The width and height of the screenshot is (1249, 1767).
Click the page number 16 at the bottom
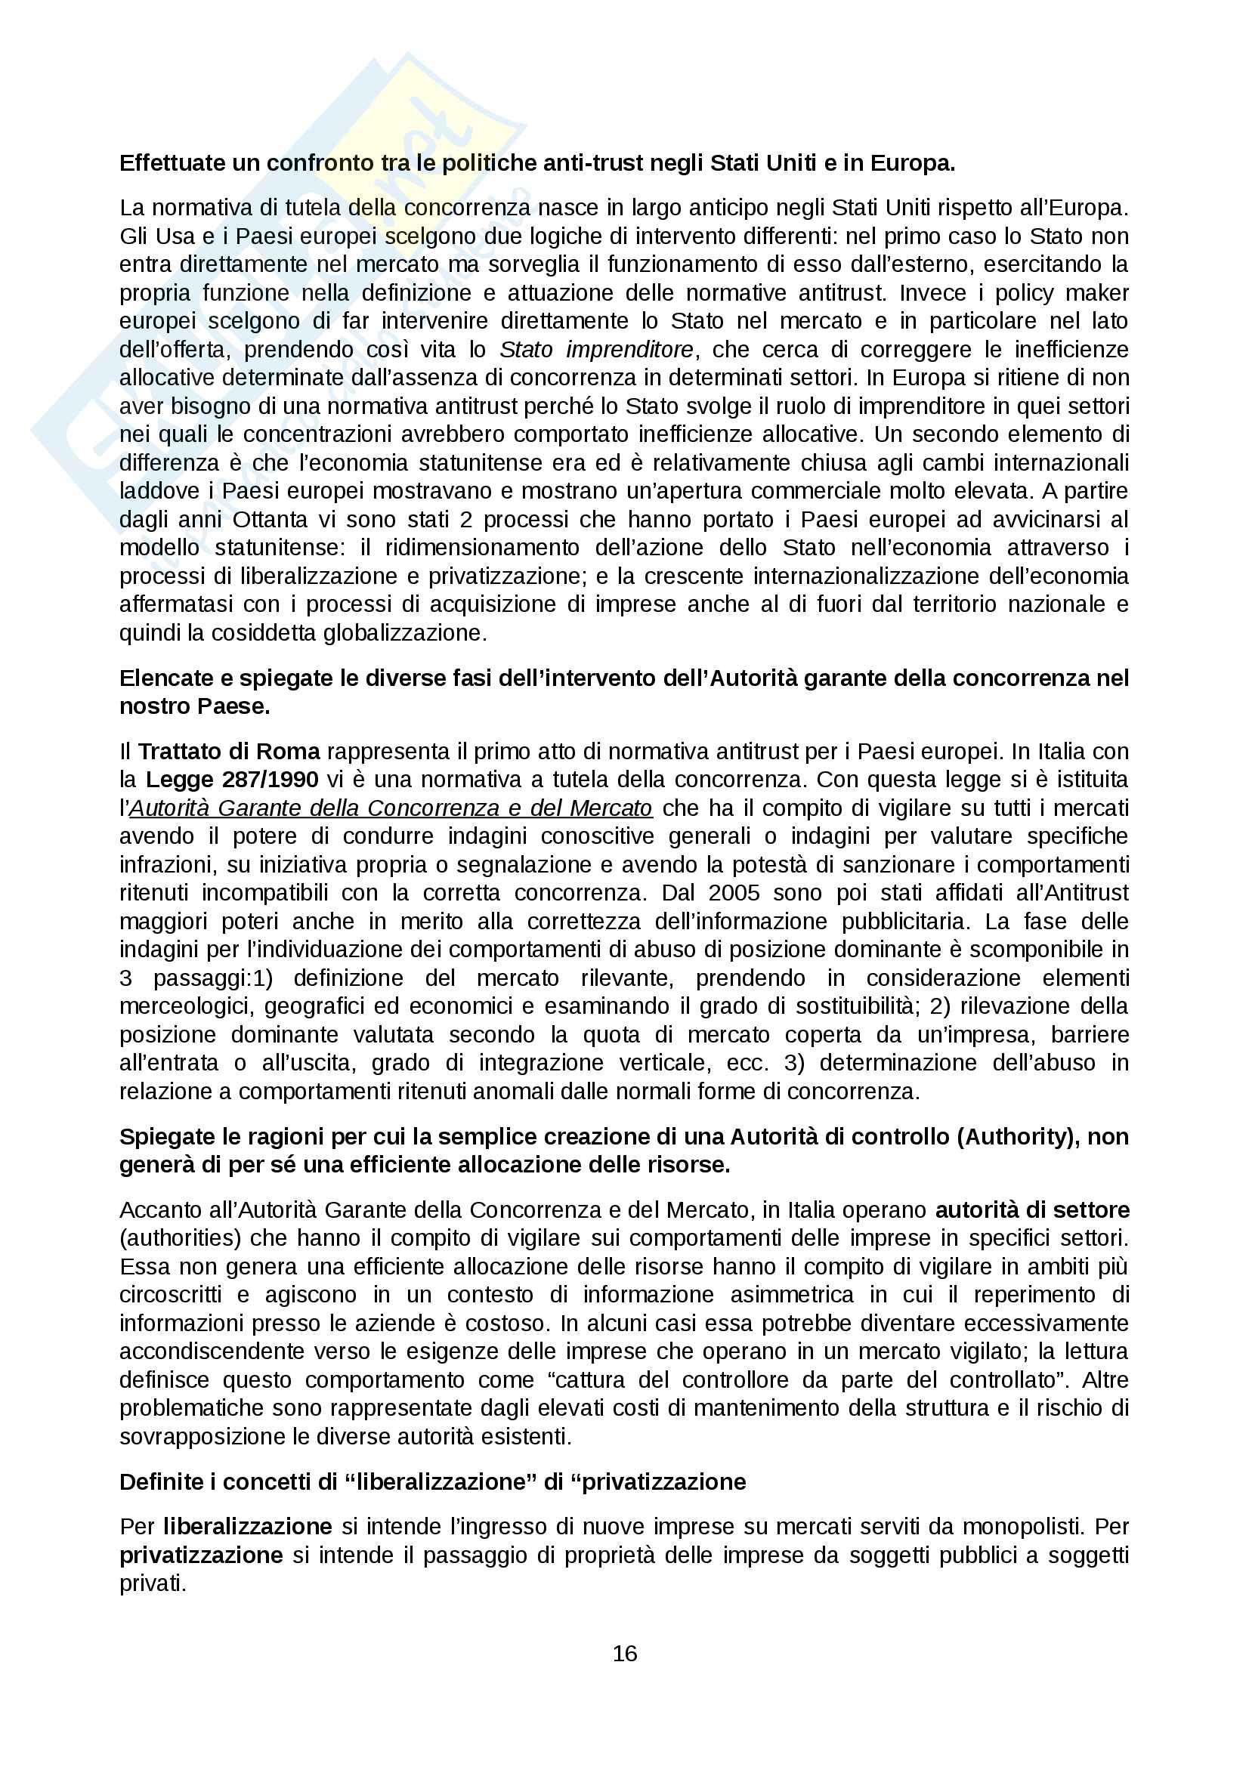pos(624,1653)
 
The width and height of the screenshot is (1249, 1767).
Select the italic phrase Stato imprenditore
pos(596,350)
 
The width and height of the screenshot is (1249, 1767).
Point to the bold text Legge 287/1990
pos(232,780)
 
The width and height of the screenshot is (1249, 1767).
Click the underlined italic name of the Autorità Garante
pos(391,808)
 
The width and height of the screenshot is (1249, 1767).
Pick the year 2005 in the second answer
pos(734,893)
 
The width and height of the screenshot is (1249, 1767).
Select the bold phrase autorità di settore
pos(1032,1209)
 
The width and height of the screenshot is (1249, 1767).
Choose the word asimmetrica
pos(792,1295)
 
